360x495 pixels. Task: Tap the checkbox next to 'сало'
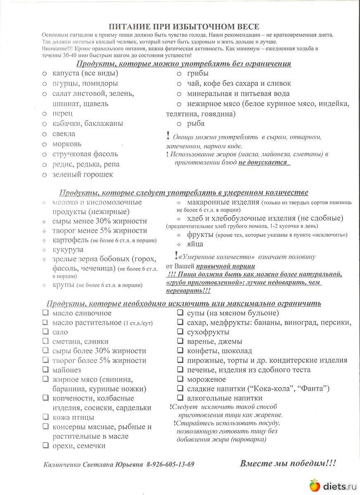[45, 332]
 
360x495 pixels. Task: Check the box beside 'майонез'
[45, 370]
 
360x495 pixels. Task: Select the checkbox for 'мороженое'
[180, 379]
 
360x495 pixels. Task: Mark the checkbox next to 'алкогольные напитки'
[180, 398]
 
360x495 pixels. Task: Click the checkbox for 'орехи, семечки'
[45, 445]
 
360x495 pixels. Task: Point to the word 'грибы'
[197, 73]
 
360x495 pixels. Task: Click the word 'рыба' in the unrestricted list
[196, 123]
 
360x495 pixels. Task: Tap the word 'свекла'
[64, 134]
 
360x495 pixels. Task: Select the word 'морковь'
[67, 144]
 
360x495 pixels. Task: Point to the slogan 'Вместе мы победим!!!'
[288, 463]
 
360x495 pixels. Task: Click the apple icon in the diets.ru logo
[315, 485]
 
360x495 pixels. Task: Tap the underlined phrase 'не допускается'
[263, 162]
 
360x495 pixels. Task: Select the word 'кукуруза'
[68, 250]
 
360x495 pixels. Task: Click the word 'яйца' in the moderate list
[195, 244]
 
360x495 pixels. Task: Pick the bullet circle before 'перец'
[45, 113]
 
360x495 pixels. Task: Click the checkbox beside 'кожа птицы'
[45, 417]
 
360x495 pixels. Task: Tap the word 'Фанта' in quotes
[314, 389]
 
